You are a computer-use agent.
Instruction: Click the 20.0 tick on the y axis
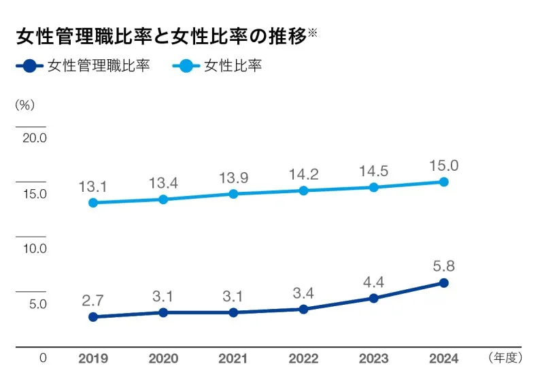(34, 138)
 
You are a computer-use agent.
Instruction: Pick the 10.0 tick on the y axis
(34, 248)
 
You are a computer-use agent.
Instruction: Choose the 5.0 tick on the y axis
(37, 304)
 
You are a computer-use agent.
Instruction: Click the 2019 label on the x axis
(92, 358)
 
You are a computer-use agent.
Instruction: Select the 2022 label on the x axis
(303, 358)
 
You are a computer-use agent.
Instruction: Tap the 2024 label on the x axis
(443, 358)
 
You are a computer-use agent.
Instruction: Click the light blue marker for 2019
(93, 203)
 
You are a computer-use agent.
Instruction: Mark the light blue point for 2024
(443, 182)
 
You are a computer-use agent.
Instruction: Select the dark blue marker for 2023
(373, 298)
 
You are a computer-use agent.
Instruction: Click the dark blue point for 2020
(163, 312)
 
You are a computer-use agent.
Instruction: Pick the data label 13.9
(233, 178)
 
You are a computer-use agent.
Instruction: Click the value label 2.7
(93, 300)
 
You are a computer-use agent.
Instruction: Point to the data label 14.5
(373, 171)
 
